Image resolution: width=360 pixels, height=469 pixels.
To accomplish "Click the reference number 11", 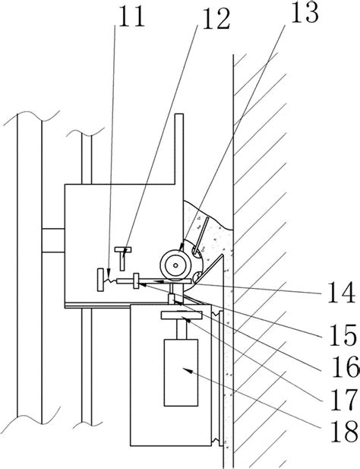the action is click(x=131, y=16).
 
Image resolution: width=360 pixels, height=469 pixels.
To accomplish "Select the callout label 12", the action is click(x=216, y=19).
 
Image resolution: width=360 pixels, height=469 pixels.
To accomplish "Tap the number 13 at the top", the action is click(x=305, y=13).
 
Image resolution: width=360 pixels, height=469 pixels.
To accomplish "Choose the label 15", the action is click(x=343, y=334).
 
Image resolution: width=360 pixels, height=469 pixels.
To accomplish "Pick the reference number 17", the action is click(x=343, y=399).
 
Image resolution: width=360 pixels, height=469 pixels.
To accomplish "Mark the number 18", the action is click(x=344, y=432).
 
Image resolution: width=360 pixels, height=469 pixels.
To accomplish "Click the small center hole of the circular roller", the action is click(x=175, y=265).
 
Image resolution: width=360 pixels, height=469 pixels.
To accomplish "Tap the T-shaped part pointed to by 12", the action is click(x=123, y=258).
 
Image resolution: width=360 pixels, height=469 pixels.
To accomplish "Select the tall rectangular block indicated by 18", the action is click(x=181, y=372).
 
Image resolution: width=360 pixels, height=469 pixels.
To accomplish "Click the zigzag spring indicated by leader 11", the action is click(x=110, y=280).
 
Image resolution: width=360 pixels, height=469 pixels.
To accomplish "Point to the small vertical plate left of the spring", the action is click(x=101, y=280).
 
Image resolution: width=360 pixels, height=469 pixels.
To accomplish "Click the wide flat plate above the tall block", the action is click(x=182, y=315).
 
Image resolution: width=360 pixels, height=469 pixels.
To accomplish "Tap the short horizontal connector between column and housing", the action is click(x=53, y=240).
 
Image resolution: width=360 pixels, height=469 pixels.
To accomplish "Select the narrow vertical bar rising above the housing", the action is click(x=179, y=149).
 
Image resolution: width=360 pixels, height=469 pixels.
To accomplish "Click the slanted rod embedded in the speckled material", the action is click(x=201, y=237).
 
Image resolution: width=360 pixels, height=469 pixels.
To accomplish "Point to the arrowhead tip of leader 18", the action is click(x=183, y=369).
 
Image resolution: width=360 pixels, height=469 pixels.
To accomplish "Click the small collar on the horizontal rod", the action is click(x=136, y=280).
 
